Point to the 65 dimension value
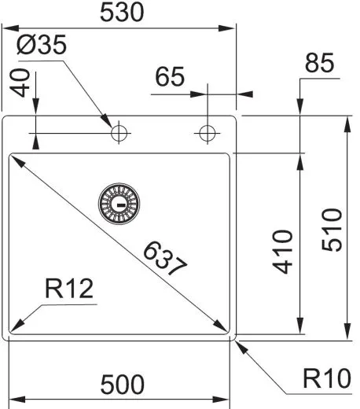click(170, 79)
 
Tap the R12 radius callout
click(69, 289)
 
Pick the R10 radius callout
click(325, 380)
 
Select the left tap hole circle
click(119, 133)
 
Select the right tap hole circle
click(207, 133)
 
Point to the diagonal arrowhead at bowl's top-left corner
click(15, 160)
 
